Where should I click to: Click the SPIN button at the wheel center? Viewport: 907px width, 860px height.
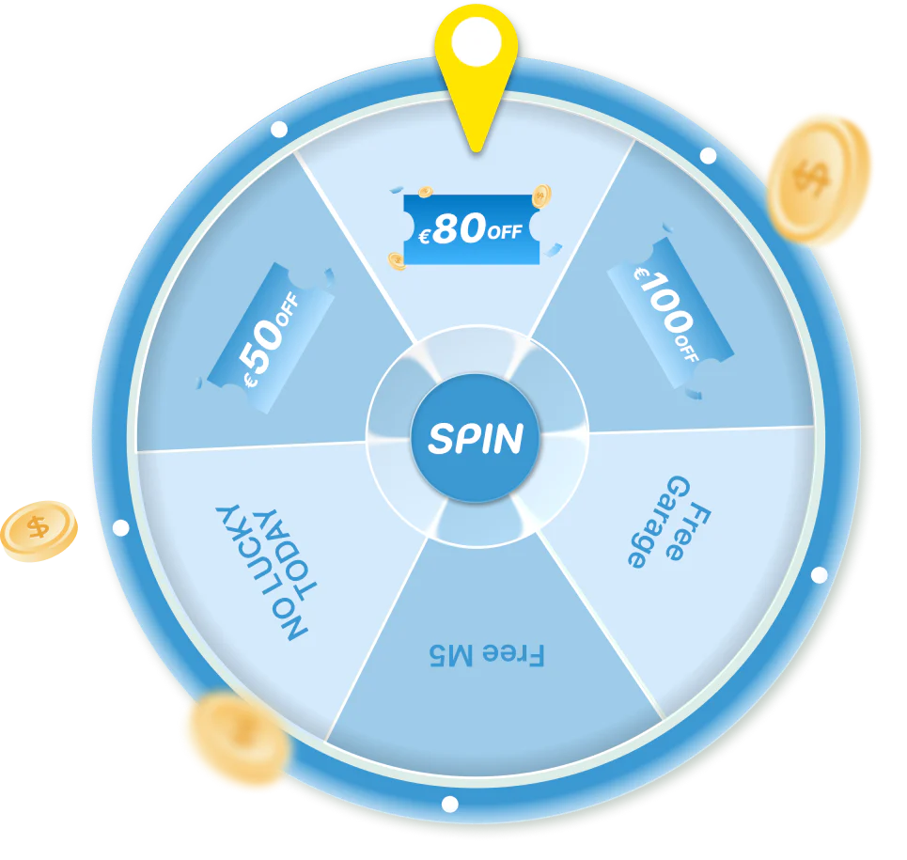476,438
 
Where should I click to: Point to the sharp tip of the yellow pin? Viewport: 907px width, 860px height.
477,150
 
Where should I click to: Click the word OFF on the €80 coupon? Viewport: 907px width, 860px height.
505,232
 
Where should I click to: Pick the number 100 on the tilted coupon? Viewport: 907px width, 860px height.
665,303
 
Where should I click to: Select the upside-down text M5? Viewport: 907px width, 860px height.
451,655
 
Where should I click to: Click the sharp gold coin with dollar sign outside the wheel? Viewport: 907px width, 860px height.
39,531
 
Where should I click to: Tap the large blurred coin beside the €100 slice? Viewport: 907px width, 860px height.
818,180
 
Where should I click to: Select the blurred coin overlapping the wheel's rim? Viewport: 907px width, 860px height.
240,739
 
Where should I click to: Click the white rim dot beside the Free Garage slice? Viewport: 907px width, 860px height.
819,575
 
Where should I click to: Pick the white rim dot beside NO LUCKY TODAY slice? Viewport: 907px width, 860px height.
121,527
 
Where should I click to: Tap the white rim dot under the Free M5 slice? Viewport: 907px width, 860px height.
449,804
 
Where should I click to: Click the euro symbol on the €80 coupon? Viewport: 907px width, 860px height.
424,236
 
